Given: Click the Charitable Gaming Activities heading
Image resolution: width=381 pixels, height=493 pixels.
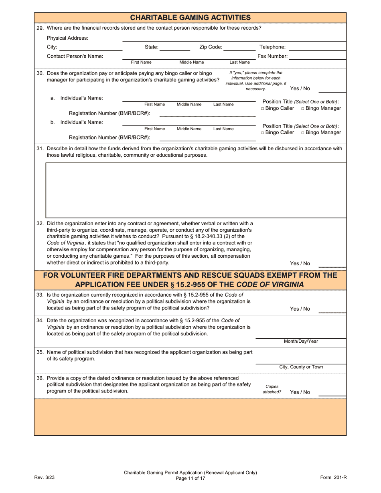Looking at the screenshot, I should pyautogui.click(x=190, y=17).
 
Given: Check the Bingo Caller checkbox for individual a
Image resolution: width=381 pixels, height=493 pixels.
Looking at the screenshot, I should pyautogui.click(x=263, y=109).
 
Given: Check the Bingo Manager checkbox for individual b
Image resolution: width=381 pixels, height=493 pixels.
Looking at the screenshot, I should pyautogui.click(x=303, y=133).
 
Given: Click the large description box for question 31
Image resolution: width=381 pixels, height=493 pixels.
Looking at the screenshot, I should pyautogui.click(x=196, y=190).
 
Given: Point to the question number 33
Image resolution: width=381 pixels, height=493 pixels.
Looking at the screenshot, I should pyautogui.click(x=40, y=295).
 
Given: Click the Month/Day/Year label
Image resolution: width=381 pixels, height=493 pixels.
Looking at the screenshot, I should pyautogui.click(x=301, y=341).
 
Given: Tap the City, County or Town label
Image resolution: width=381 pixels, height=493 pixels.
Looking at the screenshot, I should pyautogui.click(x=301, y=367).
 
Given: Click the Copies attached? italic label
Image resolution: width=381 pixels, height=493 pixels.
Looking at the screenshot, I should pyautogui.click(x=272, y=389).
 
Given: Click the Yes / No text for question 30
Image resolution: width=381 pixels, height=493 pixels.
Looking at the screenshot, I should pyautogui.click(x=300, y=89).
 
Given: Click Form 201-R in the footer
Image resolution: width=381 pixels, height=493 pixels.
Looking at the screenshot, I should pyautogui.click(x=333, y=477).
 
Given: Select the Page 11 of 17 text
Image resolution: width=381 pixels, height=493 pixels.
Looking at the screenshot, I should pyautogui.click(x=190, y=478).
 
